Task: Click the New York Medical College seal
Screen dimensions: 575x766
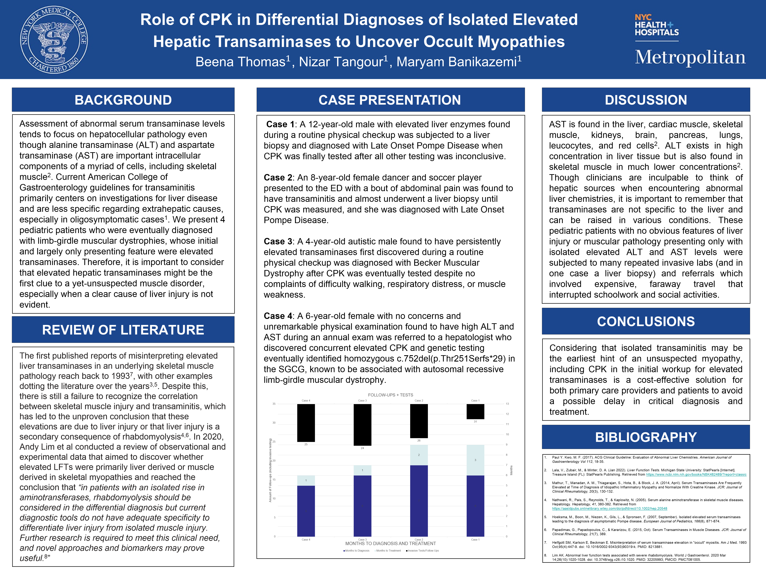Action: [54, 39]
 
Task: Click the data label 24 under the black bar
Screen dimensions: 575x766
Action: [362, 448]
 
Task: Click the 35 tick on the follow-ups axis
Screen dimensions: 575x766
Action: [274, 404]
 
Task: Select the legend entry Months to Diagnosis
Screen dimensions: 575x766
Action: [357, 550]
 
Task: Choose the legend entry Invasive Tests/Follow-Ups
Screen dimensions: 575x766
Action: [423, 550]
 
